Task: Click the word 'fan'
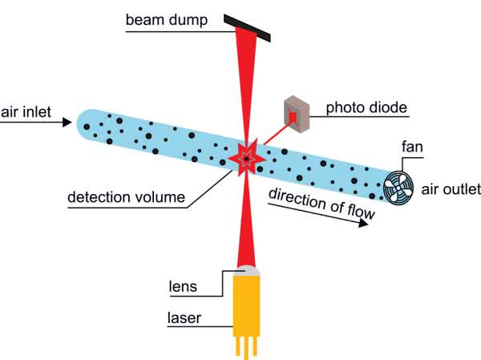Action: (x=410, y=147)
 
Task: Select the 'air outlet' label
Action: (x=451, y=190)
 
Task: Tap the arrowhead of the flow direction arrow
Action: (x=364, y=224)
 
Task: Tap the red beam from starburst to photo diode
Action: (x=273, y=138)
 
